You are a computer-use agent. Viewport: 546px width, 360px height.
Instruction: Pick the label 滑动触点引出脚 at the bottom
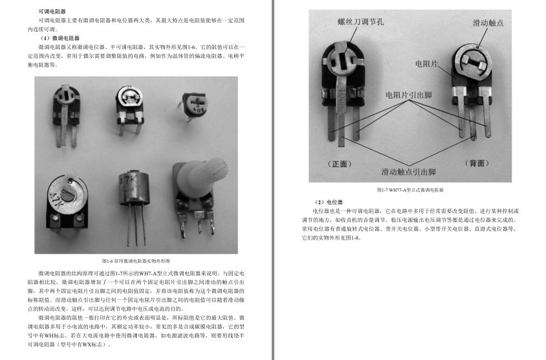click(x=409, y=172)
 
